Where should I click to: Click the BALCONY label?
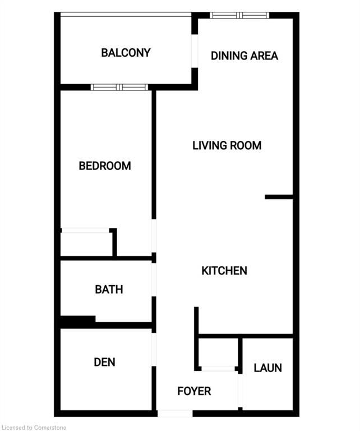[126, 53]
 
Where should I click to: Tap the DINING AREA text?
[244, 56]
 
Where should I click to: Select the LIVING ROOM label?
[227, 145]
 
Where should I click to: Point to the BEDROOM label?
[105, 166]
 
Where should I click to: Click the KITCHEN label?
[224, 270]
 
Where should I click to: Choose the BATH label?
[109, 290]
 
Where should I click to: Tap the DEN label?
[104, 362]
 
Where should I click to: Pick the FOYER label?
[194, 391]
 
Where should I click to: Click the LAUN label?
[267, 368]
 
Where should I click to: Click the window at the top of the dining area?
[239, 15]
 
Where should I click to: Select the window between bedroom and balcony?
[119, 87]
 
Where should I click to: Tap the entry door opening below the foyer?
[175, 413]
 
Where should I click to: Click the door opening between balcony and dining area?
[195, 51]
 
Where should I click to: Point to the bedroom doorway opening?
[154, 236]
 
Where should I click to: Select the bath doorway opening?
[154, 280]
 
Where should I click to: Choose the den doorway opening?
[154, 350]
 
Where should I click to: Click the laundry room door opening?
[240, 391]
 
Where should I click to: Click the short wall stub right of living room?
[279, 197]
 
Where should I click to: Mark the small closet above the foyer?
[218, 352]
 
